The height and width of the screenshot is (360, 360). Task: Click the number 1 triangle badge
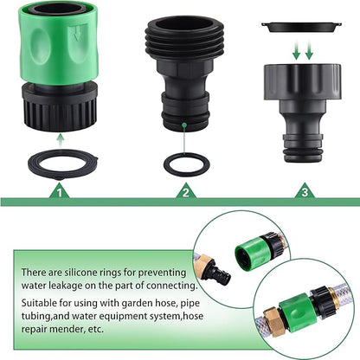[x=59, y=193]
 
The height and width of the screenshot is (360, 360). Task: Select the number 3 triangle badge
[x=305, y=193]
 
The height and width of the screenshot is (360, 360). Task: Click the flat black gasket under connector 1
[x=59, y=161]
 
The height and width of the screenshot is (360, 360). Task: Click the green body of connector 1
[x=58, y=43]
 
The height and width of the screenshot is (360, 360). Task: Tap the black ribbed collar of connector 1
[x=58, y=107]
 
